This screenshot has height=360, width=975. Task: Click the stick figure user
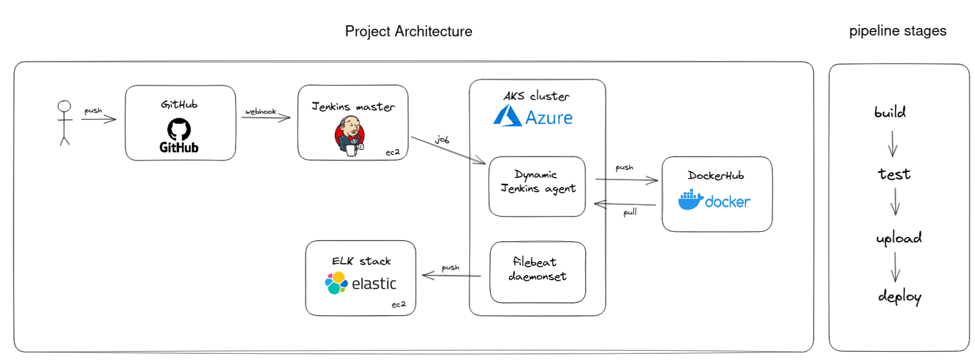pos(64,122)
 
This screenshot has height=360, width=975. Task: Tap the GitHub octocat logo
pos(179,129)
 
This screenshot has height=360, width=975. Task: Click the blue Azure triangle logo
pos(506,116)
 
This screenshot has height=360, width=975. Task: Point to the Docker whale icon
pos(690,200)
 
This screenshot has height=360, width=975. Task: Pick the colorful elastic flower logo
pos(336,283)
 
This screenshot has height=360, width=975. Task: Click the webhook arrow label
pos(261,111)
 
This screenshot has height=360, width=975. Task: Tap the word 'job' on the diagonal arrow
pos(442,139)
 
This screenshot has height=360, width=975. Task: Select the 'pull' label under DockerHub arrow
pos(630,212)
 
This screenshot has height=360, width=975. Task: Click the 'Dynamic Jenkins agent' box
pos(537,186)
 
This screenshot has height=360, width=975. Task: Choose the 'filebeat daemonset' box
pos(537,272)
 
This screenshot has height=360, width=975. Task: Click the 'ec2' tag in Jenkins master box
pos(393,152)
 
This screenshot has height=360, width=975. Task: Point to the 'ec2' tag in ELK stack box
pos(399,304)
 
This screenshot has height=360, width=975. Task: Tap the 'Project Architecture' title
pos(409,31)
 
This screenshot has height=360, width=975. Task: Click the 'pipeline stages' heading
pos(897,31)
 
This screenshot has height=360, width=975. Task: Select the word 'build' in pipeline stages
pos(890,112)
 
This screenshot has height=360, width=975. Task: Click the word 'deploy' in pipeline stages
pos(899,297)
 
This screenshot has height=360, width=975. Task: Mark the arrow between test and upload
pos(895,202)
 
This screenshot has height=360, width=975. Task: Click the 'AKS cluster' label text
pos(536,96)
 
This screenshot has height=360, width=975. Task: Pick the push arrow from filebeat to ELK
pos(451,275)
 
